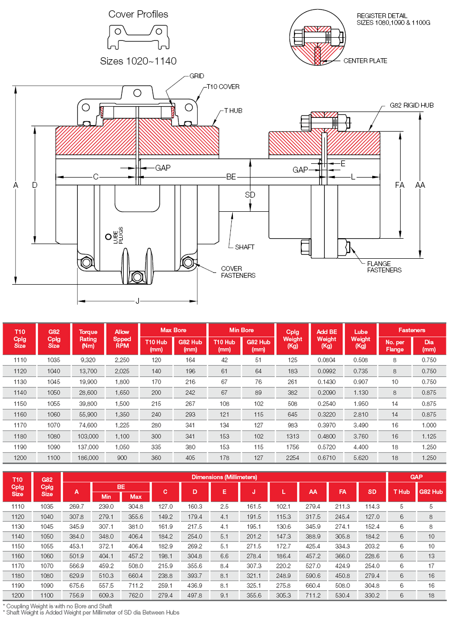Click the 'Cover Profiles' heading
138,14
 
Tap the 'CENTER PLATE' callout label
365,61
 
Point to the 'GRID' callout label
197,76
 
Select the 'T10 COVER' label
223,87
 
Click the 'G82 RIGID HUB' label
411,105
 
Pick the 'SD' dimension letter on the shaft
250,195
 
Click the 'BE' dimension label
231,177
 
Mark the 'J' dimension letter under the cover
137,301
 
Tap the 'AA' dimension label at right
420,185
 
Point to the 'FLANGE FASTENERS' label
384,267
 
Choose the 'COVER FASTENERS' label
238,272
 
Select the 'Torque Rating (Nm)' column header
88,339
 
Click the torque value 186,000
88,458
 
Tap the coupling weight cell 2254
292,458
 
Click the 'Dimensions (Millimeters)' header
224,477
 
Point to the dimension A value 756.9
77,595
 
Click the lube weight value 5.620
360,458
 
